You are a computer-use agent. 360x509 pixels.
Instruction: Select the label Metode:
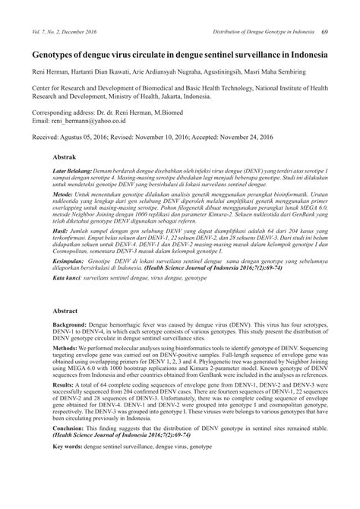coord(62,195)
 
